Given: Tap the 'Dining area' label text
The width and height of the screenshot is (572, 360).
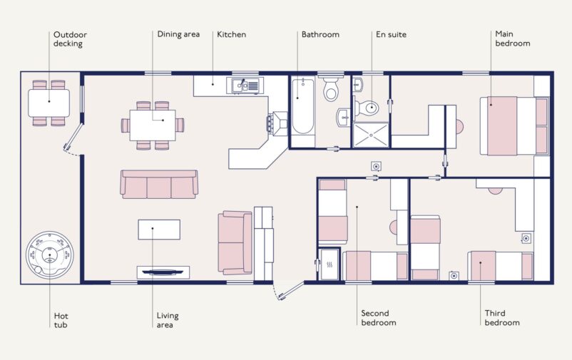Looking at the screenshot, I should tap(178, 34).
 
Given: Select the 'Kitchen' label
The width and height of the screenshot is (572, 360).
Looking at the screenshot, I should tap(231, 34).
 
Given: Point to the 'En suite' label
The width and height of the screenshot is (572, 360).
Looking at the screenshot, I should tap(391, 34).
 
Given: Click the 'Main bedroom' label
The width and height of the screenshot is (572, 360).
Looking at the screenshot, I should tap(512, 38).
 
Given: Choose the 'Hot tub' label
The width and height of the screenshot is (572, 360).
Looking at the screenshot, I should tap(61, 320).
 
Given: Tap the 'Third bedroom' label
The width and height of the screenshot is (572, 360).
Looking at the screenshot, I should tap(502, 318).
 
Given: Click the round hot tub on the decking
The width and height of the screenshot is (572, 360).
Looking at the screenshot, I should tap(51, 255).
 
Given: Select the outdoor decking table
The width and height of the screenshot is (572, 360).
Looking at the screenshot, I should tap(49, 103).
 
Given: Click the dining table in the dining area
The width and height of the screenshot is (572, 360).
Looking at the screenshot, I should tap(152, 125).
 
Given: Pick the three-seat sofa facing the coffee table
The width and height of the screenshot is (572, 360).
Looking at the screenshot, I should tap(158, 185).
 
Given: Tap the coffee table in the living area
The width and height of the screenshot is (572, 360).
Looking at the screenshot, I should tap(159, 230).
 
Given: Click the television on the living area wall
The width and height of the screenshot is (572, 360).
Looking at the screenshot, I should tap(163, 271).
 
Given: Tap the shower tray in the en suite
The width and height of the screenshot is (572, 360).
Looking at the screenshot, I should tap(372, 134).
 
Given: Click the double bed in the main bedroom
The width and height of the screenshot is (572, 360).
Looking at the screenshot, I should tap(512, 125).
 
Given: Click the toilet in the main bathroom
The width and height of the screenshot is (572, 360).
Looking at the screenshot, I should tap(332, 91).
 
